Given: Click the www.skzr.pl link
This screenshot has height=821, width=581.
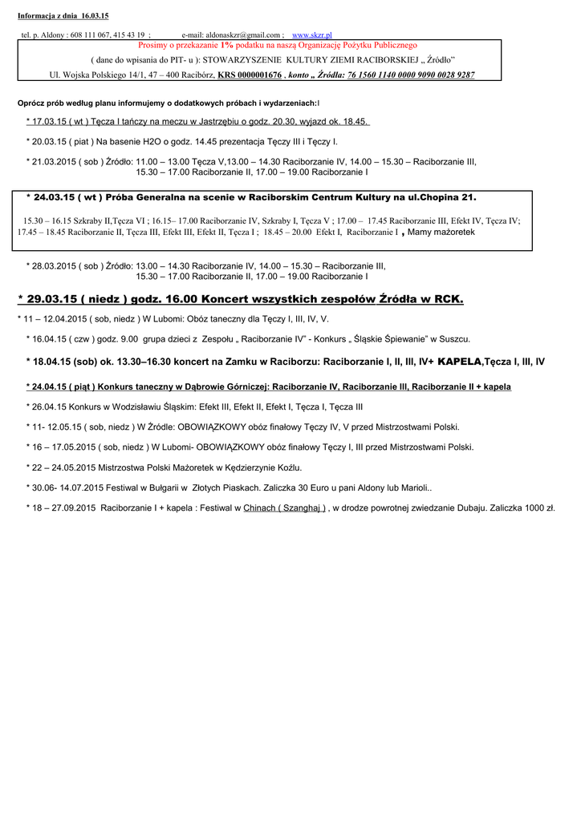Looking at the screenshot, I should (312, 35).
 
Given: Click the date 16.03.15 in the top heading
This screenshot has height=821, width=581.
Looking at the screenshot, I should (95, 16).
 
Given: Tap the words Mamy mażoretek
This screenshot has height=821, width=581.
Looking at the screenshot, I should (442, 233).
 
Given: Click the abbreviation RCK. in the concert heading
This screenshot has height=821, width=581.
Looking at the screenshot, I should (449, 299).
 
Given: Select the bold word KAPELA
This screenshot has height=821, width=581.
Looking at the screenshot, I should (460, 362).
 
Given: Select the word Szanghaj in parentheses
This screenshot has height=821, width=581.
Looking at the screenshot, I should (301, 508).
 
